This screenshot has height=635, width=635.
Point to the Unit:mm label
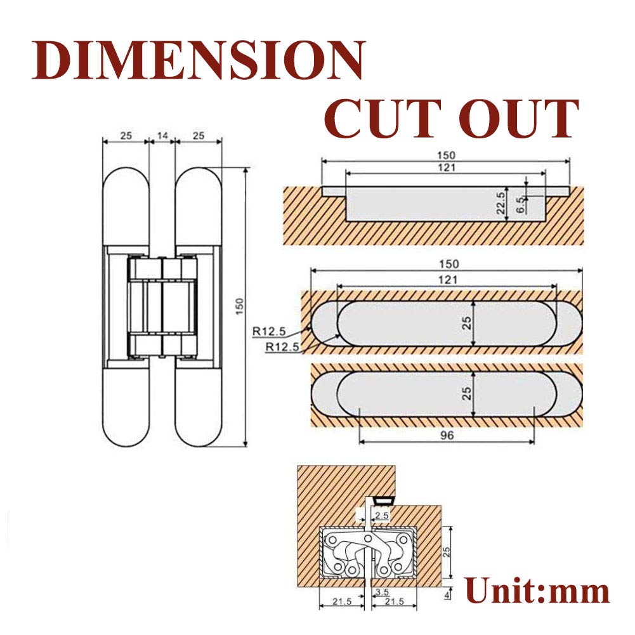point(537,591)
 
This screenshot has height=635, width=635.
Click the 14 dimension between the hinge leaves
point(162,136)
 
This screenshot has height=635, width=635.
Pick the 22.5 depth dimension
point(501,204)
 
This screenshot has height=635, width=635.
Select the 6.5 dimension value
point(520,204)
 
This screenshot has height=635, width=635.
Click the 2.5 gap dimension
point(381,516)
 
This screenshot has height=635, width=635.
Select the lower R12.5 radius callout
point(280,346)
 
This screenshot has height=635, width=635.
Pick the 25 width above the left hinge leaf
point(125,136)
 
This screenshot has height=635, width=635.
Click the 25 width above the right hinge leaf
point(199,136)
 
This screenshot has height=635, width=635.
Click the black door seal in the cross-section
point(383,501)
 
